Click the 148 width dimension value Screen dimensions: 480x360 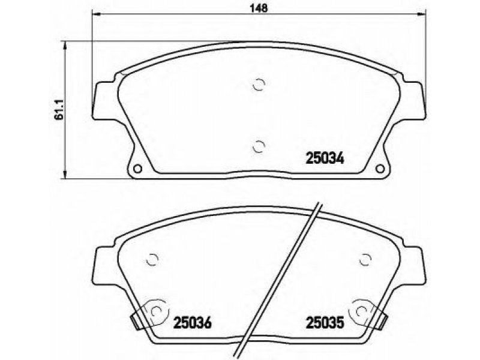tap(259, 8)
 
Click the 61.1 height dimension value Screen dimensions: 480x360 tap(59, 109)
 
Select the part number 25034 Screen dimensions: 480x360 tap(325, 158)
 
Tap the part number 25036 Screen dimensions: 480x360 tap(193, 322)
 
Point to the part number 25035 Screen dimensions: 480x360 tap(325, 322)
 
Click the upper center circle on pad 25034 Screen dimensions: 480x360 tap(259, 85)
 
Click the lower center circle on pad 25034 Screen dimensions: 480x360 tap(259, 146)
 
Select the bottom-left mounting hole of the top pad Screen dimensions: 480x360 tap(138, 169)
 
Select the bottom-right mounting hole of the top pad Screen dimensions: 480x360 tap(380, 169)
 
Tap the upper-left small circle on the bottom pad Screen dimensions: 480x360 tap(152, 260)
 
